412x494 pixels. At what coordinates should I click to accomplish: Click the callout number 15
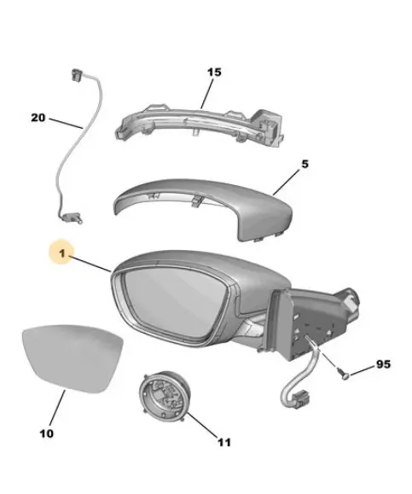(x=214, y=73)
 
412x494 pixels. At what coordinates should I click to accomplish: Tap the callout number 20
(x=38, y=118)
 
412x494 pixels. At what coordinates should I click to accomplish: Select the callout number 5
(x=305, y=164)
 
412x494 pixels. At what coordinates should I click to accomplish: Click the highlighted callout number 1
(x=62, y=253)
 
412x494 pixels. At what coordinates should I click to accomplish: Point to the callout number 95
(x=383, y=364)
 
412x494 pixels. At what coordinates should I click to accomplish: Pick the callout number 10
(x=47, y=433)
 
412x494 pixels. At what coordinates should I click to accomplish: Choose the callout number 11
(x=224, y=443)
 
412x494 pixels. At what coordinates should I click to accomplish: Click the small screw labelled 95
(x=343, y=374)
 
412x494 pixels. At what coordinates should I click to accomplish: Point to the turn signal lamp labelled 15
(x=199, y=126)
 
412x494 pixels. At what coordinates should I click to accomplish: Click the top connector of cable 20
(x=77, y=75)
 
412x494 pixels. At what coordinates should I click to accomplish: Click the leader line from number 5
(x=286, y=182)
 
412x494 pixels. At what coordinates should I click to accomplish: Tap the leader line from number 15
(x=206, y=94)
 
